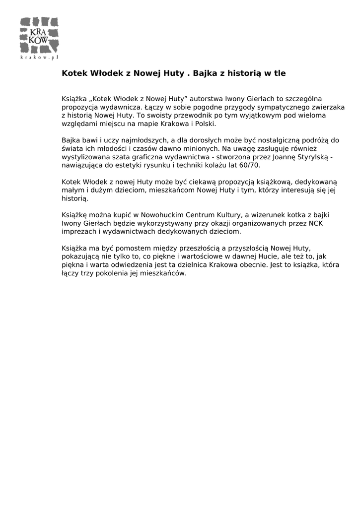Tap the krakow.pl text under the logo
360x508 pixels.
pyautogui.click(x=40, y=58)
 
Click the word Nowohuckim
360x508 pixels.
pyautogui.click(x=163, y=215)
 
